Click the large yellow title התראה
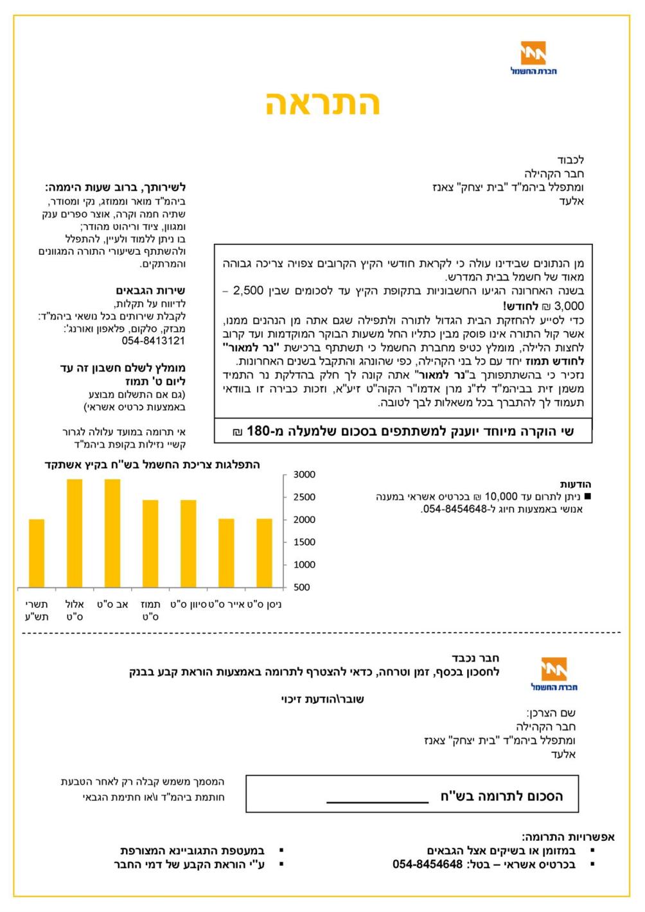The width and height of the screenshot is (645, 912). (x=322, y=103)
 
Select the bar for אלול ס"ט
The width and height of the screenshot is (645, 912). (x=75, y=533)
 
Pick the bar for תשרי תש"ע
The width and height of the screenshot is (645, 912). (x=37, y=553)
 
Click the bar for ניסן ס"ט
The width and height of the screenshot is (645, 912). (x=265, y=553)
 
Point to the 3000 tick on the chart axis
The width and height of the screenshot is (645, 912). (x=305, y=474)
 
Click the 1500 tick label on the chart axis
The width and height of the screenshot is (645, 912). (x=305, y=542)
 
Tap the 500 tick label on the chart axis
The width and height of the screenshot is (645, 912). (x=302, y=587)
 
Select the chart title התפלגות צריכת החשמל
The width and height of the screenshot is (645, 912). (x=152, y=464)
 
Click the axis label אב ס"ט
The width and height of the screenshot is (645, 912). (x=112, y=605)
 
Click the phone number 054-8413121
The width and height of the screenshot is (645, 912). (x=153, y=341)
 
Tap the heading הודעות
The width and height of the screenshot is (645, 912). (x=575, y=484)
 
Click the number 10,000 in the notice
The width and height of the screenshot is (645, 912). (x=500, y=496)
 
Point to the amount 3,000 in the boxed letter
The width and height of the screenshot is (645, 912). (x=569, y=305)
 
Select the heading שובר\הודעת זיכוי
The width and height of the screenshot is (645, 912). (x=322, y=699)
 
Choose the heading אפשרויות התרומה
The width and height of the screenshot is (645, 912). (x=568, y=836)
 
